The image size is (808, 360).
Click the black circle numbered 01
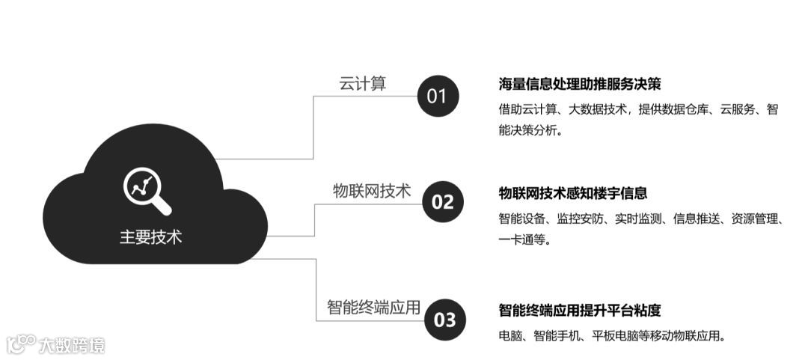[x=436, y=96]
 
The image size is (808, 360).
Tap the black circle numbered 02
[x=443, y=201]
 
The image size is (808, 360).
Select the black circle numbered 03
[x=444, y=320]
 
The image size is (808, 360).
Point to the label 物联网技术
[x=372, y=191]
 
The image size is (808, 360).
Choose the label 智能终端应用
[x=373, y=308]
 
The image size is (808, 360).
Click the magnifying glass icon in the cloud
[x=147, y=191]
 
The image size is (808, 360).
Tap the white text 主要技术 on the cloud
[x=150, y=237]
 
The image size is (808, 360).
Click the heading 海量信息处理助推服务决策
[x=580, y=84]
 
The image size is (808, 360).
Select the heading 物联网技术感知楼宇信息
[x=573, y=193]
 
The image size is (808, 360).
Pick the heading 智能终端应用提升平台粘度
[x=580, y=311]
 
